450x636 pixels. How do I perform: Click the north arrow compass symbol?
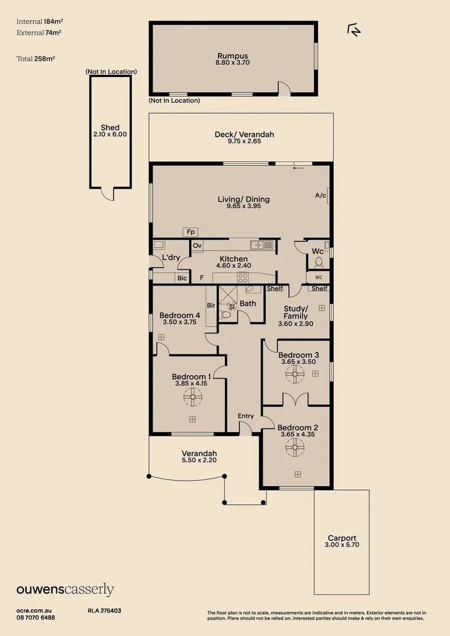point(354,30)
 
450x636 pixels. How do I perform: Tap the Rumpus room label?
point(233,56)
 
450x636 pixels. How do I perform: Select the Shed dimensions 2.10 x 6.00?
point(110,134)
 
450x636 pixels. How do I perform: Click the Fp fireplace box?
point(190,232)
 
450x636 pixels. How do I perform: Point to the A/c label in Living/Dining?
point(320,196)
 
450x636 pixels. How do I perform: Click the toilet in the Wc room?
point(319,263)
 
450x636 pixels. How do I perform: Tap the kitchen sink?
point(262,244)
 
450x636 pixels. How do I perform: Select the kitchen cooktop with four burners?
point(243,277)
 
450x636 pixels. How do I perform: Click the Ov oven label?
point(197,246)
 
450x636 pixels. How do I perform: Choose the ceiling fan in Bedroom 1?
point(193,397)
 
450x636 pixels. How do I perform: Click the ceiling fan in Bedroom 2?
point(295,448)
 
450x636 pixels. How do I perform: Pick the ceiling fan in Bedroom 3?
point(295,374)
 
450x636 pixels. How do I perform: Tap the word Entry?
point(246,416)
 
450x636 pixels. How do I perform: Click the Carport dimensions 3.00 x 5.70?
point(342,545)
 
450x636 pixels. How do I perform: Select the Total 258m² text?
point(36,59)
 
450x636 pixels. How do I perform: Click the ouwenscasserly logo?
point(65,589)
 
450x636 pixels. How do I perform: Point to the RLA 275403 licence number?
point(104,611)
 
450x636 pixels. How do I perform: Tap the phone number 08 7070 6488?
point(36,618)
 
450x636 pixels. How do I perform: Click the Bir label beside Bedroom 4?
point(211,306)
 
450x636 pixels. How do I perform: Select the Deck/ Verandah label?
point(244,134)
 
